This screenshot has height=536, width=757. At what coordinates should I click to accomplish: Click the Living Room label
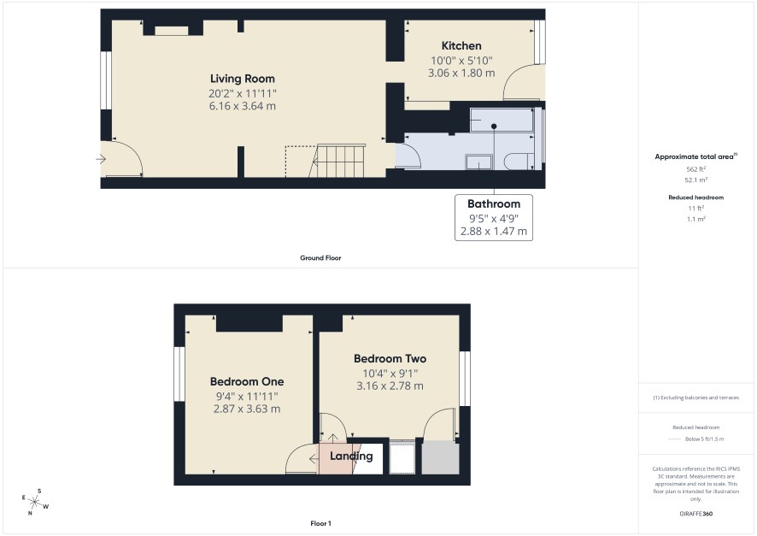[x=243, y=79]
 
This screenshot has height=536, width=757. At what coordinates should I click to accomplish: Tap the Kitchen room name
[x=461, y=46]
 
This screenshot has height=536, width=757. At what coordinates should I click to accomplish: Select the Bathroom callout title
[x=494, y=203]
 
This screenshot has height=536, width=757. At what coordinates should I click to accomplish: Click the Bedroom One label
[x=247, y=381]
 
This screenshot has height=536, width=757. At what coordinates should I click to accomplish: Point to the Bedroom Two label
[x=390, y=359]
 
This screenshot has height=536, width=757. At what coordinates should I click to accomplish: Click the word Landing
[x=351, y=456]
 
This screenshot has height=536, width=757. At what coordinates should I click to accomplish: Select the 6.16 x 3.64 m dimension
[x=243, y=106]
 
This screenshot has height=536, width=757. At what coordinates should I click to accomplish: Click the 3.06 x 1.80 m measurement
[x=461, y=73]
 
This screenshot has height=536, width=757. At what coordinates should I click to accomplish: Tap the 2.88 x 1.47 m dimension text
[x=494, y=232]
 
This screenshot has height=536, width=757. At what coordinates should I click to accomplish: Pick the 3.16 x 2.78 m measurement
[x=390, y=386]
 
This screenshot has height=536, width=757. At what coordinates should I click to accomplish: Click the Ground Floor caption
[x=320, y=258]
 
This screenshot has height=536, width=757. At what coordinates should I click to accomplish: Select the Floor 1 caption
[x=320, y=523]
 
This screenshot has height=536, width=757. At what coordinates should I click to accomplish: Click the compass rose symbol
[x=35, y=502]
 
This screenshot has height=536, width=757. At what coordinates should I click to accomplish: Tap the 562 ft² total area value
[x=696, y=169]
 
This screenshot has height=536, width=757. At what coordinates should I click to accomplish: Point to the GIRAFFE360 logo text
[x=696, y=514]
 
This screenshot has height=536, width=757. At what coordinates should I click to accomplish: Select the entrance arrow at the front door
[x=101, y=159]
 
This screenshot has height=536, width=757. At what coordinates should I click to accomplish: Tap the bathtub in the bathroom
[x=502, y=121]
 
